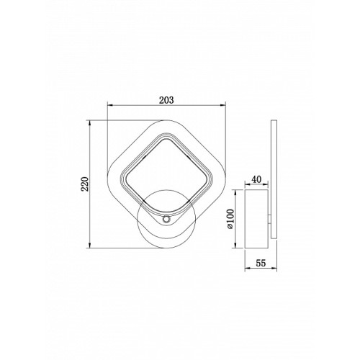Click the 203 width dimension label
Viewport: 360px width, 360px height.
[166, 100]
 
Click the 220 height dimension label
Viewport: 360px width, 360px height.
[85, 184]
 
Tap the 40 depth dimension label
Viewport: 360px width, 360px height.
[256, 179]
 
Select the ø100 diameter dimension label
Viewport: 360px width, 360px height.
[230, 219]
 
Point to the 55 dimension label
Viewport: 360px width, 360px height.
[261, 263]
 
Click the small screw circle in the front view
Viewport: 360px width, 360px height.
[166, 219]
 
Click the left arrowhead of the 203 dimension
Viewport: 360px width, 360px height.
[110, 105]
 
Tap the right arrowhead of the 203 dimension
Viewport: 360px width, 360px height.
[223, 105]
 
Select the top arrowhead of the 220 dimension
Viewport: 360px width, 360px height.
[89, 123]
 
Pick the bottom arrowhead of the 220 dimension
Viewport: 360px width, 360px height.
[89, 246]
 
